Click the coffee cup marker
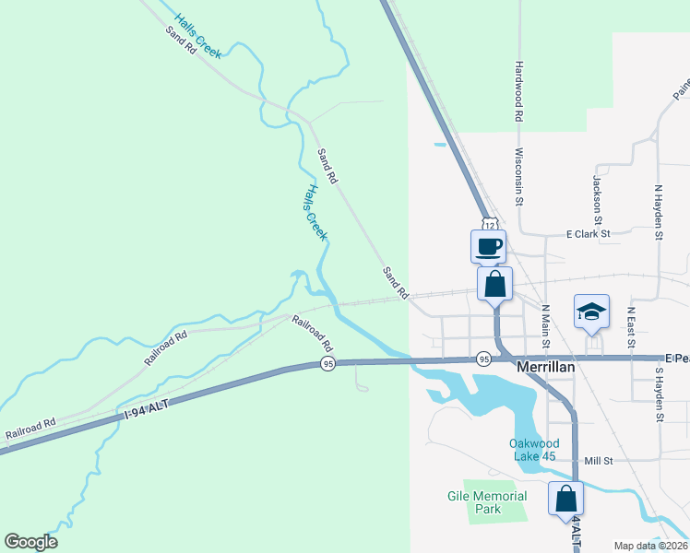pyautogui.click(x=489, y=246)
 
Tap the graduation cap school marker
pyautogui.click(x=591, y=312)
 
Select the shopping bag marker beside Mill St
pyautogui.click(x=565, y=499)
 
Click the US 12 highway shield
pyautogui.click(x=490, y=223)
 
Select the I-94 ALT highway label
pyautogui.click(x=149, y=403)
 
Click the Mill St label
pyautogui.click(x=601, y=460)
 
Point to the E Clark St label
pyautogui.click(x=589, y=234)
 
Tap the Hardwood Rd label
pyautogui.click(x=519, y=92)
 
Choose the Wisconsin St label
pyautogui.click(x=519, y=176)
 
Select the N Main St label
pyautogui.click(x=545, y=326)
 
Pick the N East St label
pyautogui.click(x=631, y=327)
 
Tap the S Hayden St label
pyautogui.click(x=660, y=394)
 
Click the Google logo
pyautogui.click(x=30, y=542)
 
